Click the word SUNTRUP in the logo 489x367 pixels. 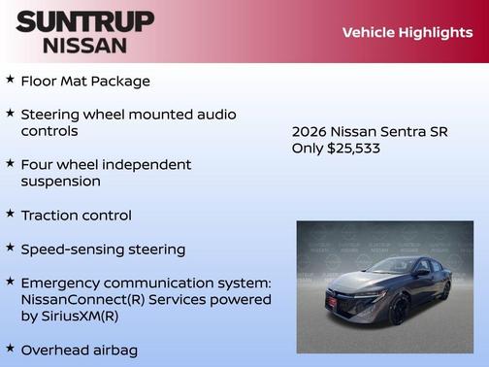[84, 21]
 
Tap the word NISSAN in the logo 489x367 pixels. [84, 45]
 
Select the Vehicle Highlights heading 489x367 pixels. [407, 33]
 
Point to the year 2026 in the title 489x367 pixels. [310, 132]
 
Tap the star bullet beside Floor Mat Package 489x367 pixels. [10, 80]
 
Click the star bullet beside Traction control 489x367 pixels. [10, 214]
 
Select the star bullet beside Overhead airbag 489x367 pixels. [10, 348]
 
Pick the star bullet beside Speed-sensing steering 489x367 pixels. [10, 248]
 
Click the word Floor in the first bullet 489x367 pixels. [40, 82]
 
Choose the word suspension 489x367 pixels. [60, 182]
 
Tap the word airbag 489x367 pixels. [110, 350]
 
